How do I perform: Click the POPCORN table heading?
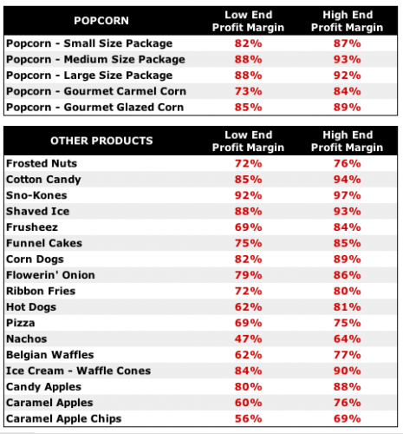(101, 21)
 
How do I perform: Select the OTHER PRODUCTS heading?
(101, 141)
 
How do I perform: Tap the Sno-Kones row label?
(36, 195)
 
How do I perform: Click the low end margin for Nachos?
(248, 339)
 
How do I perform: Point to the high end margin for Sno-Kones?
(347, 195)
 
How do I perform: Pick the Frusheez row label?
(32, 227)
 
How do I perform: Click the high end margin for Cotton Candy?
(347, 180)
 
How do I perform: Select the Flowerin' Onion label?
(50, 275)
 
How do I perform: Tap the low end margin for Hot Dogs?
(248, 307)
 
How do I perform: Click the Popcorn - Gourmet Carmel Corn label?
(96, 91)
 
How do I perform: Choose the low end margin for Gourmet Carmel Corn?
(248, 91)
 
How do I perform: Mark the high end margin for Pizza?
(347, 323)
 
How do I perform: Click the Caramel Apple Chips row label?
(64, 418)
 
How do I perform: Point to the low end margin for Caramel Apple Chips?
(248, 418)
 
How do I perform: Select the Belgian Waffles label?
(50, 355)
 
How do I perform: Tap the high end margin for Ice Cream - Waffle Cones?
(347, 371)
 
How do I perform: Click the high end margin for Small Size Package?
(347, 43)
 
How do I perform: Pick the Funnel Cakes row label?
(44, 243)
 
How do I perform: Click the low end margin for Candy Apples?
(248, 387)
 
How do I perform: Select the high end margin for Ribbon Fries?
(347, 291)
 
